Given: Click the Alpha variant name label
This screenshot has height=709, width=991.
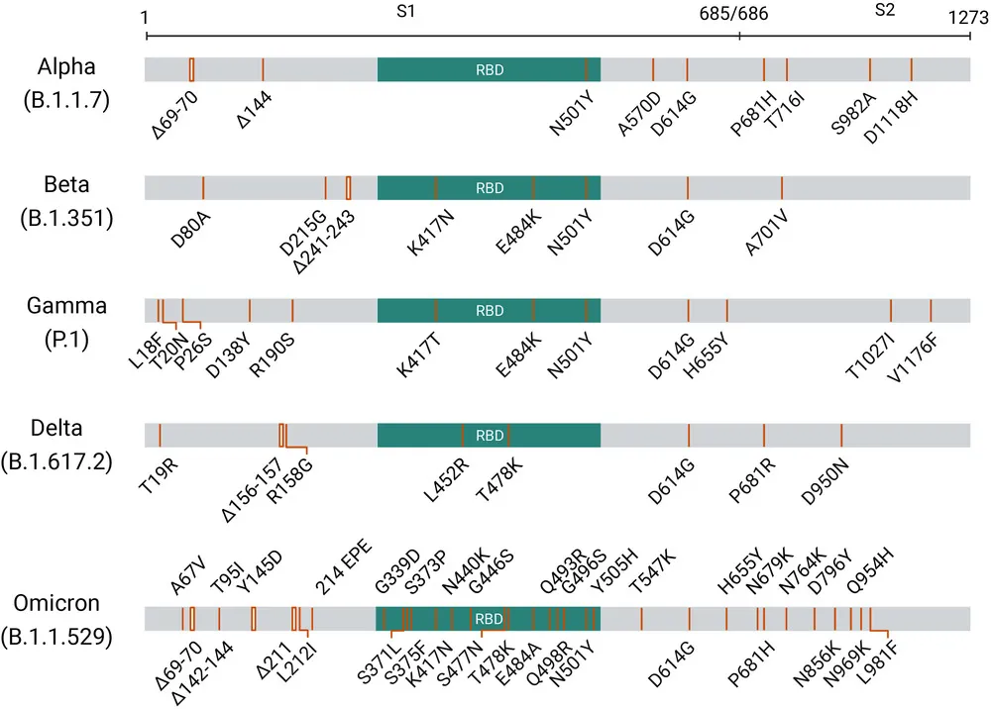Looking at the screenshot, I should tap(66, 67).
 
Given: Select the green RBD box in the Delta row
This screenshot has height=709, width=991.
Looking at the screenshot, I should tap(489, 435).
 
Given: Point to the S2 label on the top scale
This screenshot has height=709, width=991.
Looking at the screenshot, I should tap(885, 12).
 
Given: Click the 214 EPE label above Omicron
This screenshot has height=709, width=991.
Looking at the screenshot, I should tap(338, 571).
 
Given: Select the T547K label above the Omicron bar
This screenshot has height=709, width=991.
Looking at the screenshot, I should tap(652, 572).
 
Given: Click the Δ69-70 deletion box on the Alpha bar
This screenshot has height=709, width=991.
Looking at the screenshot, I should tap(191, 69).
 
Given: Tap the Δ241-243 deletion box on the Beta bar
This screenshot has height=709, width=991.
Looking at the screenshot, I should tap(349, 187).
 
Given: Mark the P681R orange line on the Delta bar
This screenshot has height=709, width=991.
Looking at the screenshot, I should tap(764, 435).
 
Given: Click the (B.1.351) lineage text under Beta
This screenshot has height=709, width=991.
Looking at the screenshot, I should tap(65, 219).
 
